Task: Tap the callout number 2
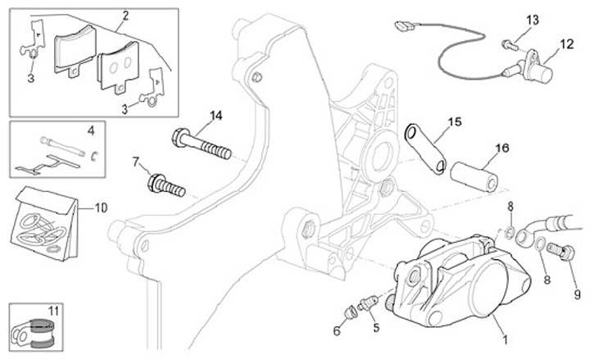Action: click(x=125, y=16)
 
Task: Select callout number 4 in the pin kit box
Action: click(x=91, y=130)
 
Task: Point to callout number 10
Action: click(x=102, y=208)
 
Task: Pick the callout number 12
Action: click(x=567, y=44)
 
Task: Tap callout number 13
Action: click(x=532, y=19)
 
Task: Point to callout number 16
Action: click(x=501, y=148)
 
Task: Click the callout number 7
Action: click(x=135, y=162)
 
